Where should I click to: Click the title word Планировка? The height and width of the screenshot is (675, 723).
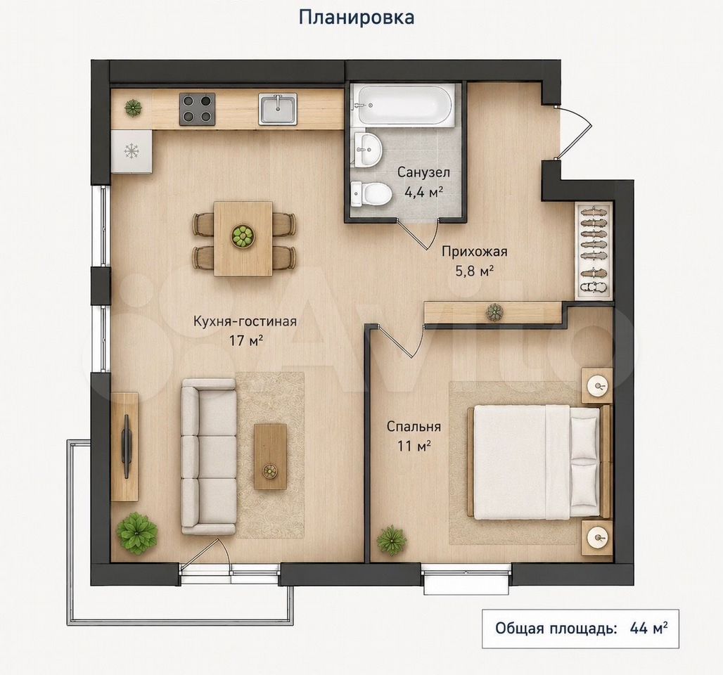(x=357, y=17)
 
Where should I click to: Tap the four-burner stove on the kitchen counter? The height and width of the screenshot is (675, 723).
(x=198, y=109)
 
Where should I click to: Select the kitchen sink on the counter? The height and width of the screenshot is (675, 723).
(x=278, y=109)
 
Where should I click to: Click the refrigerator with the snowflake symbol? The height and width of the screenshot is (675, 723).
(x=132, y=151)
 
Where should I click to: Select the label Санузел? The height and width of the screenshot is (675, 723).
(x=424, y=172)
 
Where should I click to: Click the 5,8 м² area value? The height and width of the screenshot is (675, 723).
(x=475, y=271)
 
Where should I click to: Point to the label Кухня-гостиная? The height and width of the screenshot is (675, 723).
(x=244, y=321)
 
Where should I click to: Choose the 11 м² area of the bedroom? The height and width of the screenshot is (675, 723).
(x=414, y=445)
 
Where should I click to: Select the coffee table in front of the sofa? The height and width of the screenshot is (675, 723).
(x=270, y=456)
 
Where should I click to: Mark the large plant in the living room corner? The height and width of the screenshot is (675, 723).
(x=136, y=531)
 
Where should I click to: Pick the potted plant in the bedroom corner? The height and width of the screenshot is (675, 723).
(x=391, y=540)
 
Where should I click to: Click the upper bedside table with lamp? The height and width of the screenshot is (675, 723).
(x=597, y=386)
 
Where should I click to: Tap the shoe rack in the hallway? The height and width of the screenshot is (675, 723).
(x=594, y=250)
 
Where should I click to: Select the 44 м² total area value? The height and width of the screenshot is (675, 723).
(x=648, y=628)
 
